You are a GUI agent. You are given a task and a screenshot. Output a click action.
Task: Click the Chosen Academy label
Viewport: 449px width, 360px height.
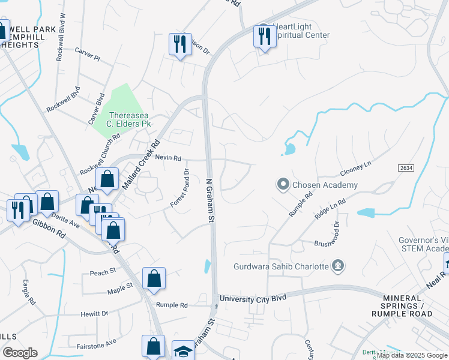tap(325, 185)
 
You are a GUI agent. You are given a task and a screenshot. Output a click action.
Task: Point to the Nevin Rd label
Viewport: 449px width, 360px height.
tap(167, 158)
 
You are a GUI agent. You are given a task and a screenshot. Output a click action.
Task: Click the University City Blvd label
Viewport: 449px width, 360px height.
tap(252, 298)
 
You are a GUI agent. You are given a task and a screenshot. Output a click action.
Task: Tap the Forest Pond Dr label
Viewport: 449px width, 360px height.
tap(179, 188)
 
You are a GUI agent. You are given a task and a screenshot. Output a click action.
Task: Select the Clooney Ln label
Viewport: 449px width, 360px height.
tap(357, 164)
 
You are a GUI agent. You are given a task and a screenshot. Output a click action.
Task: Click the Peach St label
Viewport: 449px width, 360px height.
tap(102, 272)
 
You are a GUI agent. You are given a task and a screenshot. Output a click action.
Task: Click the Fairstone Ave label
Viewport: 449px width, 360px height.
tap(96, 346)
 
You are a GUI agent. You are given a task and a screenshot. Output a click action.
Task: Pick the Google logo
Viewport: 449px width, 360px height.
tap(20, 353)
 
